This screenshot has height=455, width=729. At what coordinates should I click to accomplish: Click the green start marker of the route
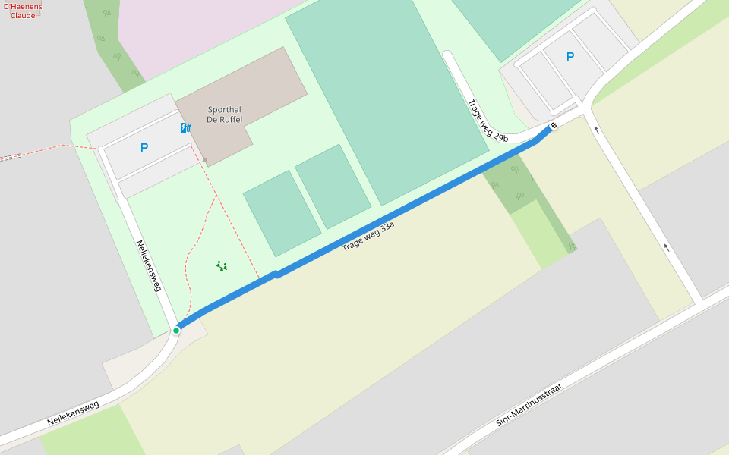pos(176,330)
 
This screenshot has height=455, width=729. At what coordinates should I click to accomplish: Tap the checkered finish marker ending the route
pos(554,126)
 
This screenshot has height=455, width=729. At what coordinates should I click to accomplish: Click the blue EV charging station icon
pos(185,127)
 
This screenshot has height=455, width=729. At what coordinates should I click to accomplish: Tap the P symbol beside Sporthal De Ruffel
pos(144,149)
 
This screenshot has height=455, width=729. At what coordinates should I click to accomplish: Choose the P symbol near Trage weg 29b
pos(570,57)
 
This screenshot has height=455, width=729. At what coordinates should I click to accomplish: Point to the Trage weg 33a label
pos(368,237)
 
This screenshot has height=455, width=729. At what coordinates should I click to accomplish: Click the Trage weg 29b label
pos(488,121)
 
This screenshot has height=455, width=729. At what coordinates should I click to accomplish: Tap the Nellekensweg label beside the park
pos(149,265)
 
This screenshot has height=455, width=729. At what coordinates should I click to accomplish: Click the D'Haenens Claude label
pos(23,11)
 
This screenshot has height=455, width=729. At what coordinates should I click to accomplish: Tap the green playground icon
pos(222,265)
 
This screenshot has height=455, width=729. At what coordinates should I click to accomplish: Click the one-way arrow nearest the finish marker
pos(596,129)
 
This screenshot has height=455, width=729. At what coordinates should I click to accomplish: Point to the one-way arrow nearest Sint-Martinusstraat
pos(667,247)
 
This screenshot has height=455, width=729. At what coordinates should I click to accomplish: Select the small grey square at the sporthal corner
pos(204,160)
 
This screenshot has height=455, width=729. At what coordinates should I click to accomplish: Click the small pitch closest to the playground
pos(282,213)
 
